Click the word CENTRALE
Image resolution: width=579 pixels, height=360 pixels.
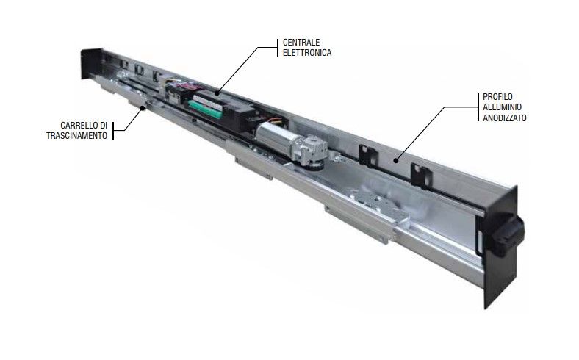coord(298,42)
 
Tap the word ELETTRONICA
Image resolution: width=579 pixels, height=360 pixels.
coord(303,53)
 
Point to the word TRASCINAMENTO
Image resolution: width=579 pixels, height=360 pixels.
coord(71,137)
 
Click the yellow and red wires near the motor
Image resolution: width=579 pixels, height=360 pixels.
coord(275,118)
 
